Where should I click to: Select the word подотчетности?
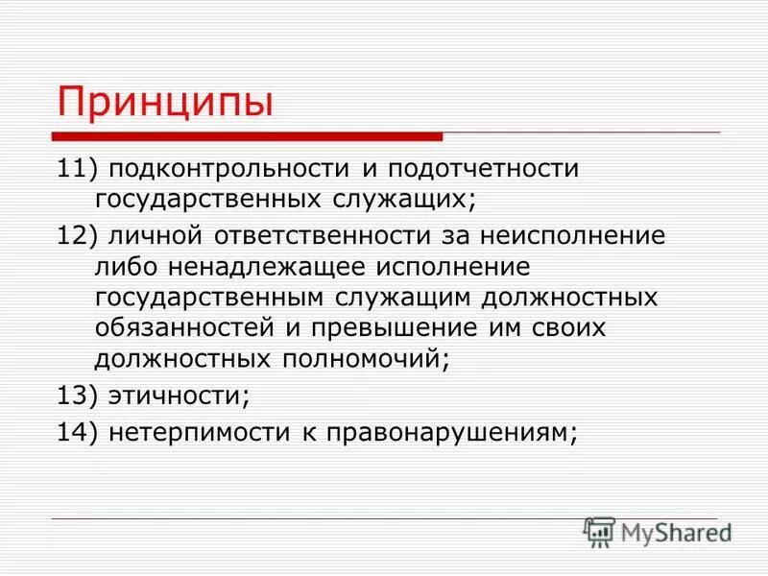click(484, 170)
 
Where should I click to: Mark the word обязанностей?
click(183, 327)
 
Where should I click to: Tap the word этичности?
click(179, 395)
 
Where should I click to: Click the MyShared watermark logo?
click(659, 530)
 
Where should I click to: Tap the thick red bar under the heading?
click(248, 136)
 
